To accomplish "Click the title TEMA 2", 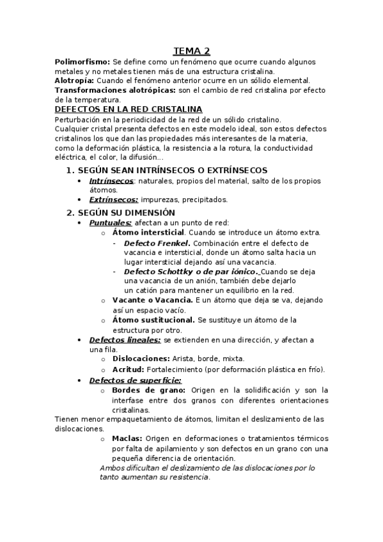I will pos(192,52).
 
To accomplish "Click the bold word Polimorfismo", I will pos(82,62).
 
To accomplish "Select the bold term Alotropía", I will pos(75,81).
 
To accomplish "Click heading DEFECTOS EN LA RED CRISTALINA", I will pos(129,109).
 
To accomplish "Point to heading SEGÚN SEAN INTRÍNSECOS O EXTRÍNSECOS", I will pos(172,170).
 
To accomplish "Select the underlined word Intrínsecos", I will pos(111,181).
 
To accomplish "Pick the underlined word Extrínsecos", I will pos(113,199).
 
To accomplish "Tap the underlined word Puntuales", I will pos(111,223).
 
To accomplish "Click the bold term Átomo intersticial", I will pos(148,233).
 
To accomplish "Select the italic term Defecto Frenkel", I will pos(157,244).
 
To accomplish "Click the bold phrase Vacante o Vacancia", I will pos(152,300).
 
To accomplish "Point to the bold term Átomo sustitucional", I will pos(153,320).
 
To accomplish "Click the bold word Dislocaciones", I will pos(141,359).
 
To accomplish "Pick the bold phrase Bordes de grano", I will pos(149,390).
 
